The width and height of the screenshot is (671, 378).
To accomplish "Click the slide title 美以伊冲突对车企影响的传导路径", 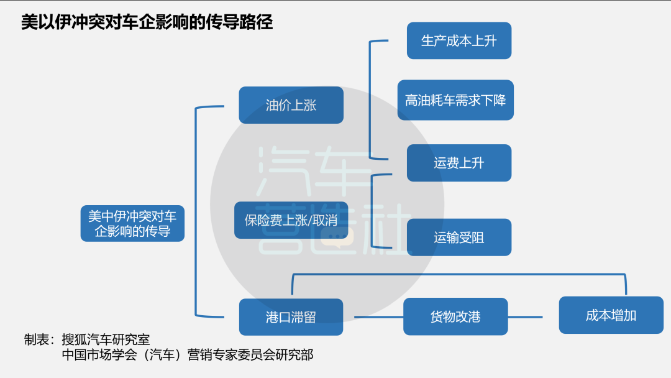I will click(x=147, y=22).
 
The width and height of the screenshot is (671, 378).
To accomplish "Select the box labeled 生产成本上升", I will click(x=459, y=41).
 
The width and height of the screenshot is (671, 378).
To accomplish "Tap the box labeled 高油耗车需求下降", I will click(x=455, y=100).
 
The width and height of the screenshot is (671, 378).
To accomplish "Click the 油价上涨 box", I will click(x=291, y=105).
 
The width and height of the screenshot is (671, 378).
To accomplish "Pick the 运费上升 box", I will click(x=459, y=163).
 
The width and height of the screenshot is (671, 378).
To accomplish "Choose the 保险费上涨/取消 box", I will click(x=291, y=220).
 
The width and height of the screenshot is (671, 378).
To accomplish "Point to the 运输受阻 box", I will click(x=459, y=237).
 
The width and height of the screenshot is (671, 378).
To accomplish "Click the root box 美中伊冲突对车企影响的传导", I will click(x=132, y=224).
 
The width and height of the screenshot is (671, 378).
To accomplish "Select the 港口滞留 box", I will click(x=291, y=317).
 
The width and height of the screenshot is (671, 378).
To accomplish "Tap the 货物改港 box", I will click(x=455, y=317).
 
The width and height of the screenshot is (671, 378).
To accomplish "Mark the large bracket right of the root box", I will click(x=196, y=211).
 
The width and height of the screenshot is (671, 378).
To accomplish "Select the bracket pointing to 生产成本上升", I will click(x=370, y=99).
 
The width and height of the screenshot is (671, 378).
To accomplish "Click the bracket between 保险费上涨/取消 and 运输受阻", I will click(x=372, y=211).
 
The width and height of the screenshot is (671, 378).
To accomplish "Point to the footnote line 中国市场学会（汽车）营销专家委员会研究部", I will click(x=188, y=355).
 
